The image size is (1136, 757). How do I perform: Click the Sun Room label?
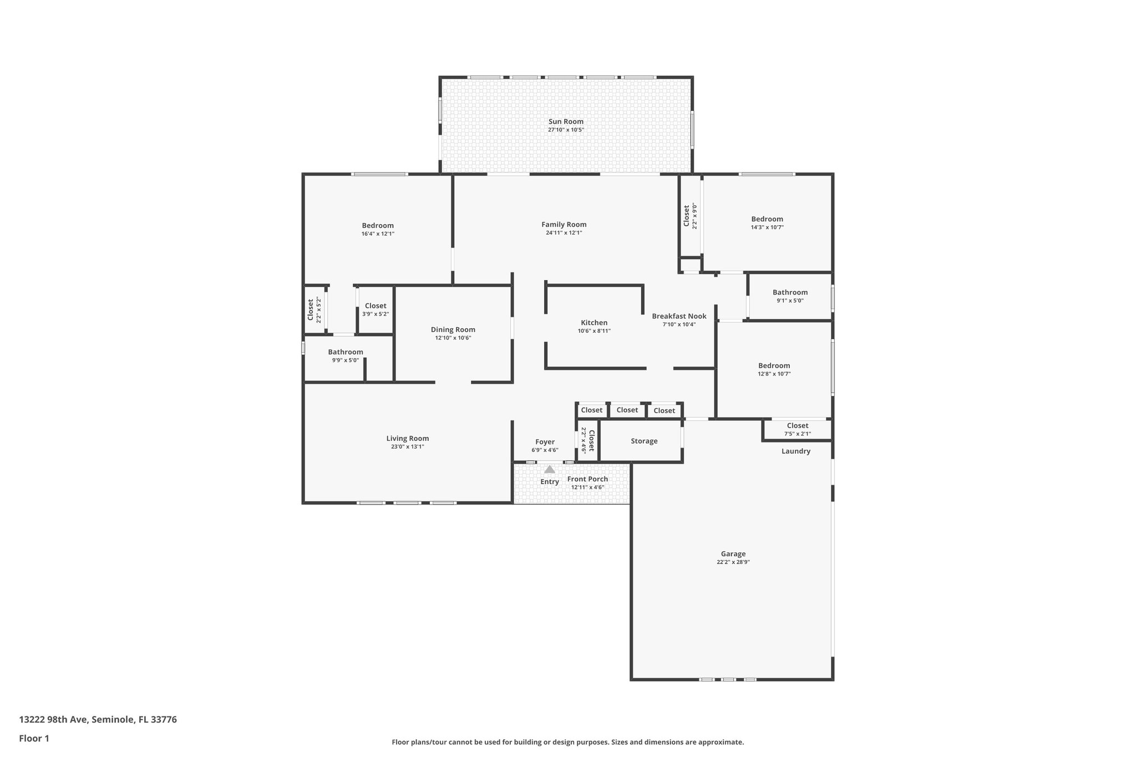[x=566, y=121]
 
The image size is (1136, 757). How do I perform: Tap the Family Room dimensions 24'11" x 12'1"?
[x=564, y=233]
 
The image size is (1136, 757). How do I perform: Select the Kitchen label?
[x=594, y=323]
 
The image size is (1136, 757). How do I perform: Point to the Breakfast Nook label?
[x=679, y=316]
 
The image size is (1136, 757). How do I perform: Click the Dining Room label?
[x=453, y=329]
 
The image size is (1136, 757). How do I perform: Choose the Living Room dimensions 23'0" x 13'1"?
[x=407, y=447]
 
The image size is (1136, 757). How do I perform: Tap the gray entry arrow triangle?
[x=549, y=469]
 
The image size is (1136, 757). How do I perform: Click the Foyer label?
[x=545, y=442]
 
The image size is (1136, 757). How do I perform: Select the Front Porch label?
[x=587, y=479]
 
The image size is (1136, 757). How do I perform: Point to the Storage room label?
[x=644, y=441]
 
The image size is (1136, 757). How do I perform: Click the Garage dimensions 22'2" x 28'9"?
[x=733, y=562]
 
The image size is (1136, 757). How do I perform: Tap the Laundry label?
[x=795, y=451]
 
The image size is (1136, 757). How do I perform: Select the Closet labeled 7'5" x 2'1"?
[x=797, y=426]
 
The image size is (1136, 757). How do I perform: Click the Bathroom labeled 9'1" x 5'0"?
[x=790, y=292]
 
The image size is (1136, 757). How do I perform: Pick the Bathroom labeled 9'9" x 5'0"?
[x=345, y=352]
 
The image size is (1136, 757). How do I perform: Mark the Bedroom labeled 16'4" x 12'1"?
[x=378, y=226]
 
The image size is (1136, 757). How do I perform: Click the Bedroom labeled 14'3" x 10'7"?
[x=767, y=219]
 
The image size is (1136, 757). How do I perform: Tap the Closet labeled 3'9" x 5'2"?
[x=376, y=306]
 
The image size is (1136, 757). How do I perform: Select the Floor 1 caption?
[x=34, y=739]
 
